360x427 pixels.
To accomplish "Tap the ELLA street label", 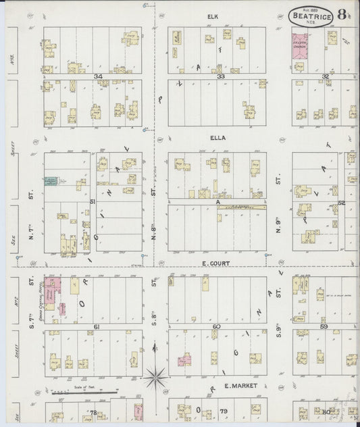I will pos(217,138).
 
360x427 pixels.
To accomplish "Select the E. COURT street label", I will pos(217,263).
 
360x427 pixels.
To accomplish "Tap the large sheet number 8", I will pos(343,15).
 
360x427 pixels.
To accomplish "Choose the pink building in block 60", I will pos(183,361).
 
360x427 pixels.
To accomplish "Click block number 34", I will pos(99,77).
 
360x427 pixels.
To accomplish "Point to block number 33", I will pos(220,77).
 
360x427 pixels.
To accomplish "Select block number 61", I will pos(97,327).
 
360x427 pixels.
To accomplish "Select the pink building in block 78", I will pos(138,411).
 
